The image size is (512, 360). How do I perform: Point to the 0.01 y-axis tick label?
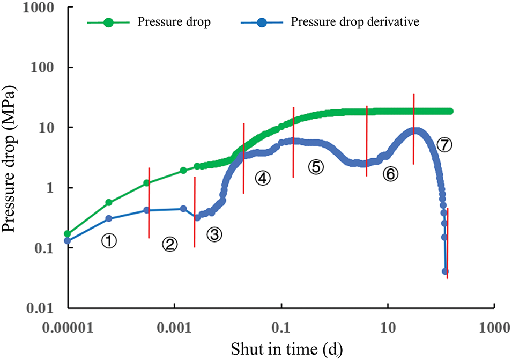(x=47, y=308)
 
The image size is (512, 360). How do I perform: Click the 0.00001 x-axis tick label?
(x=68, y=326)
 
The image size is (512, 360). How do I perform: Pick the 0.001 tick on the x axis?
(x=174, y=326)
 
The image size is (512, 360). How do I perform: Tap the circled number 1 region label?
(x=109, y=242)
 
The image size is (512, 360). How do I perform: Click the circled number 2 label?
(x=170, y=245)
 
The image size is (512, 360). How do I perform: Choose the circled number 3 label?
(x=214, y=234)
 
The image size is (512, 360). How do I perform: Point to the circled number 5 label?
(x=316, y=167)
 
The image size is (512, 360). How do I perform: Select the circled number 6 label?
(x=390, y=174)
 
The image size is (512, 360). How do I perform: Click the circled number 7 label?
(x=444, y=144)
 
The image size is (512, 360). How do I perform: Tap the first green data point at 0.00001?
(x=68, y=234)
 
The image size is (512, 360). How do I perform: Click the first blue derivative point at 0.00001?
(x=68, y=240)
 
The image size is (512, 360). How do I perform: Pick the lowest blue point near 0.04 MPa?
(x=445, y=271)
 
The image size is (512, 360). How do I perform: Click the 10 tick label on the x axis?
(x=387, y=326)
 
